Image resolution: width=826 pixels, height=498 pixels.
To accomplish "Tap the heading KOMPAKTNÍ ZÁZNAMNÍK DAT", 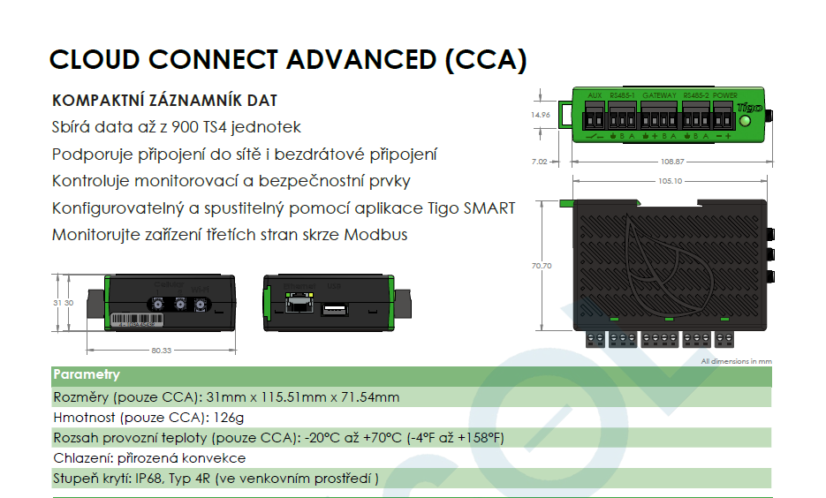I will click(165, 101).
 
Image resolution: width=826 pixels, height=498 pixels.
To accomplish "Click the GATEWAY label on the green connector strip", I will click(659, 95).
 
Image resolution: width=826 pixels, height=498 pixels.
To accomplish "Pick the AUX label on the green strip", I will click(594, 95).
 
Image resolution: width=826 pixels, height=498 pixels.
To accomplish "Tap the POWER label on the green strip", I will click(725, 95).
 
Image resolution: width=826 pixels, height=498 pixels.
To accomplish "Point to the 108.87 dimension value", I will click(672, 162).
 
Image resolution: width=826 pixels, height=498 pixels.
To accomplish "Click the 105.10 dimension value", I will click(671, 181).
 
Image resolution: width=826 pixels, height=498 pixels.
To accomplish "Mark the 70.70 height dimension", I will click(541, 266).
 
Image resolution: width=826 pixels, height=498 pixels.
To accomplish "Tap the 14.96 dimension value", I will click(541, 115).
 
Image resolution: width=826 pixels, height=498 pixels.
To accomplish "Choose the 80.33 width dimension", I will click(162, 351).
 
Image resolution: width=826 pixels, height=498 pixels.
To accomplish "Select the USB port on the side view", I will click(333, 308).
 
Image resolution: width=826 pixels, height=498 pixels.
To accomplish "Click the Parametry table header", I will click(87, 374).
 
